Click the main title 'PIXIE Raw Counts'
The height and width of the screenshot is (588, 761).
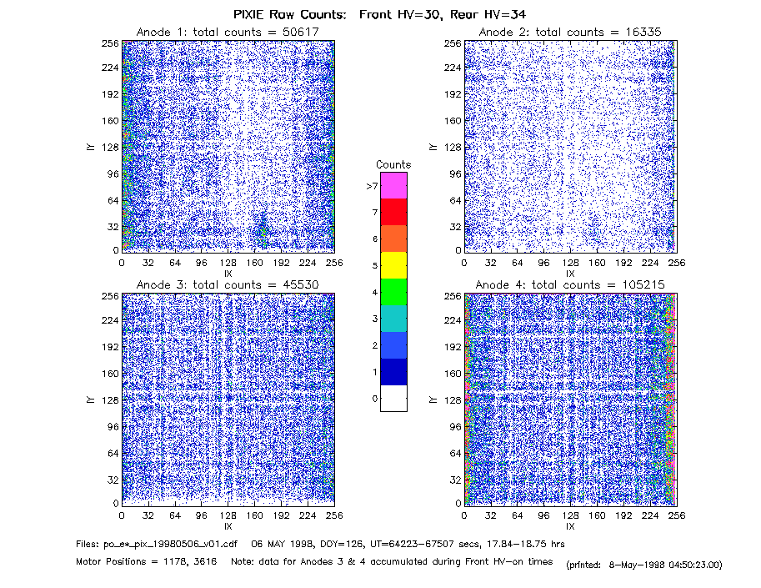coord(289,14)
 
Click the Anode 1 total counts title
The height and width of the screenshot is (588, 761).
coord(228,32)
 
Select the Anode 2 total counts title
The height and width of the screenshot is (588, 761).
coord(570,32)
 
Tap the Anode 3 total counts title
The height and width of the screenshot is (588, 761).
coord(228,284)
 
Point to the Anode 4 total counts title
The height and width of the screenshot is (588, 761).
coord(570,284)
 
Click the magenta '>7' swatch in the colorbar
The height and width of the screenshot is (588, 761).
coord(393,185)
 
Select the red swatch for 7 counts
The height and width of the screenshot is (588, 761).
coord(393,212)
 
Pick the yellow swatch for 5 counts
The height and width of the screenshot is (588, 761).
coord(393,265)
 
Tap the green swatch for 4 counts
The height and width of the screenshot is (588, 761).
coord(393,292)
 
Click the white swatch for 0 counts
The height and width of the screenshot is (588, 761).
coord(393,398)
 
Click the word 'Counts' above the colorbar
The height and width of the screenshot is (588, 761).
coord(393,164)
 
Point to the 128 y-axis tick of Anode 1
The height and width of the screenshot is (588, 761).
coord(110,147)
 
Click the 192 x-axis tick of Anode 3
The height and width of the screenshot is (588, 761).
coord(281,515)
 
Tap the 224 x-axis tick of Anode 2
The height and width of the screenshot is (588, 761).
coord(650,264)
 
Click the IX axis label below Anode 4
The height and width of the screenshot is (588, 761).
coord(570,526)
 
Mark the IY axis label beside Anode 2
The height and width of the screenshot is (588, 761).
coord(433,147)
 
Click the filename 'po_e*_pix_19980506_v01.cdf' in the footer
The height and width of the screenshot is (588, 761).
coord(171,545)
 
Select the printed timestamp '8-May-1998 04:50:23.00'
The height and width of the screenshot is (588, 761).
coord(665,565)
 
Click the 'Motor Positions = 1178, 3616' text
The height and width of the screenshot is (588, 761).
coord(146,562)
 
